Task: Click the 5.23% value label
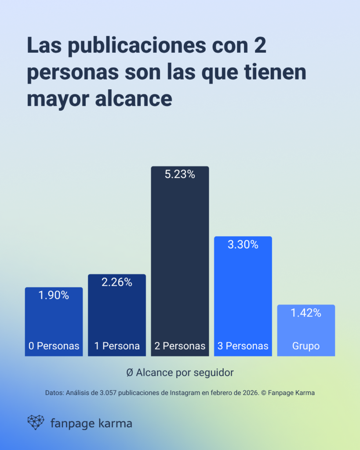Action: pos(180,174)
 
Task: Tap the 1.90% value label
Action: pos(54,295)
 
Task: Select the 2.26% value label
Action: pos(117,283)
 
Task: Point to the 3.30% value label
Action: pos(243,245)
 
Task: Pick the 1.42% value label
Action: pos(306,313)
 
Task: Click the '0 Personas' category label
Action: pos(54,346)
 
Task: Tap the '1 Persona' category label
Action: pos(117,346)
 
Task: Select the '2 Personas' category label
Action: pos(180,346)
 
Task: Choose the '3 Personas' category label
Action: pos(243,346)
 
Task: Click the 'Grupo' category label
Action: pos(306,346)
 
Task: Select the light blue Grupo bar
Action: pos(306,330)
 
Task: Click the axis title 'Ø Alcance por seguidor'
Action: pos(180,372)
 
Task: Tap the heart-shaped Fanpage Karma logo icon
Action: pos(36,422)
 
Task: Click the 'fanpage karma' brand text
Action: pos(91,424)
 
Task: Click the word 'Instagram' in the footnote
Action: pos(185,393)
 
